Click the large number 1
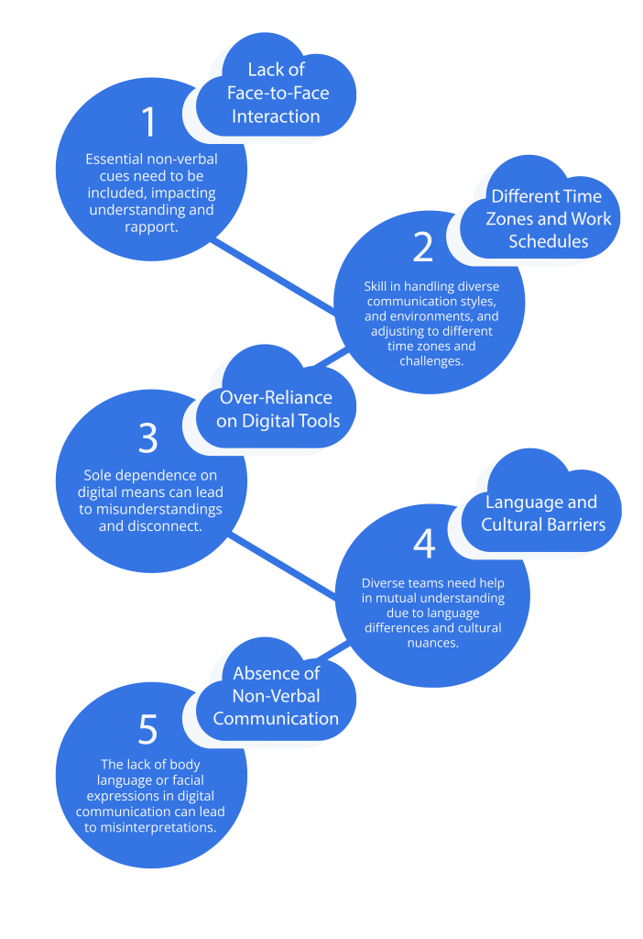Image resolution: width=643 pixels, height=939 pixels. tap(149, 123)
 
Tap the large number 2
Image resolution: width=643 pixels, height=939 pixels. tap(422, 247)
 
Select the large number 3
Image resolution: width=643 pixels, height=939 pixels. tap(148, 439)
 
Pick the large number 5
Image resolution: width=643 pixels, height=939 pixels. tap(148, 730)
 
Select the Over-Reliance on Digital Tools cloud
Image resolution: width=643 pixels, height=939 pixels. tap(276, 409)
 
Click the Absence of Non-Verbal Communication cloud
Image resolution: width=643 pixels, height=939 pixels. tap(276, 696)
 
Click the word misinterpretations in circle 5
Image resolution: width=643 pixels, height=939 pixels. tap(162, 826)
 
